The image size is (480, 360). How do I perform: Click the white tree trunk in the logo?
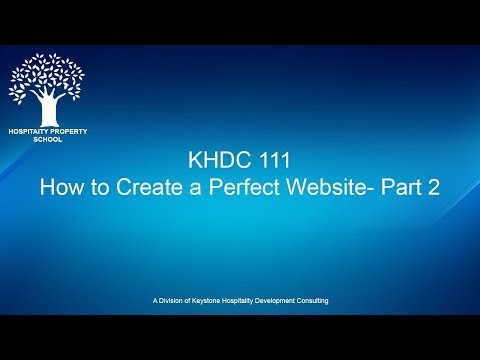pos(46,109)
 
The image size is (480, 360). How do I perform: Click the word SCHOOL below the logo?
pos(47,140)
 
